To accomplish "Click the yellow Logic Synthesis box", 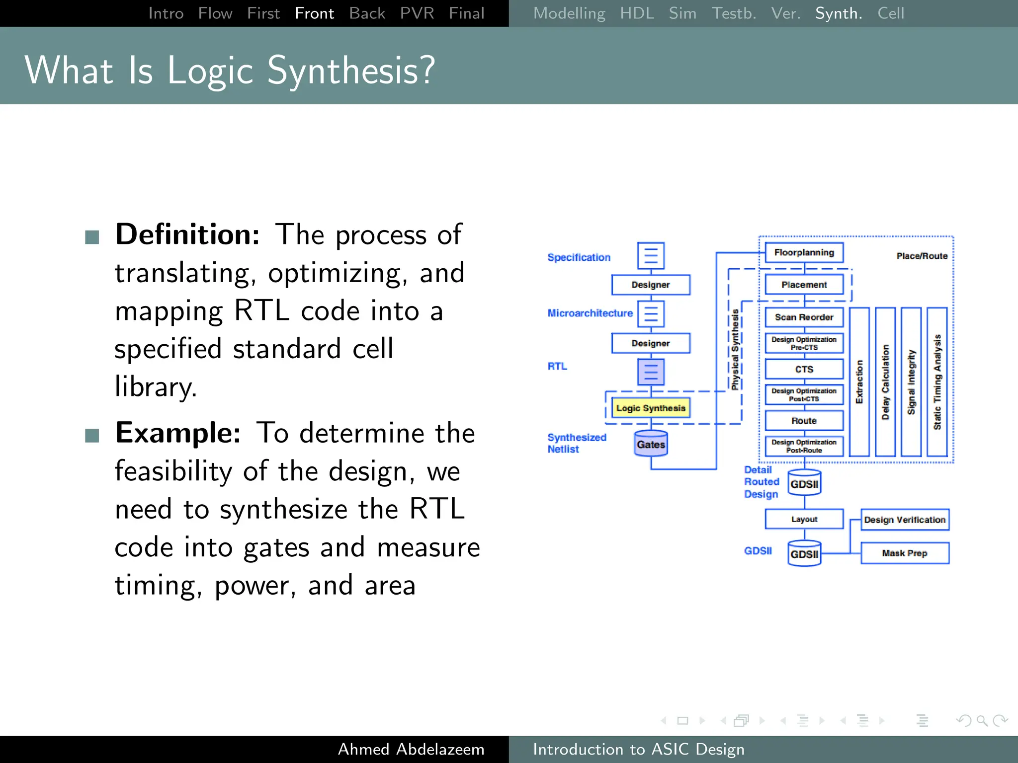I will click(x=650, y=408).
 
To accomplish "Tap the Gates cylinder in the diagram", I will click(x=651, y=444).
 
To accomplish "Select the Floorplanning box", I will click(x=804, y=252).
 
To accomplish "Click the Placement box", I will click(x=804, y=285).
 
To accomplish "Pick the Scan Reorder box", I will click(x=804, y=317).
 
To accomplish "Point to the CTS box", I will click(x=804, y=369).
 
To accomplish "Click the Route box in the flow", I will click(x=804, y=421).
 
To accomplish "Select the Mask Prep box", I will click(x=904, y=553).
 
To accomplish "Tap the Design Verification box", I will click(x=904, y=520).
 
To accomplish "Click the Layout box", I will click(x=804, y=519).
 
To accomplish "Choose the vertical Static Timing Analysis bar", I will click(x=937, y=381).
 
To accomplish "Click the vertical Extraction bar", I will click(x=859, y=381).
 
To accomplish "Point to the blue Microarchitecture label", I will click(x=590, y=313).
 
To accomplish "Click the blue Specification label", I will click(x=579, y=257).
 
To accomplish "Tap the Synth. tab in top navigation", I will click(x=839, y=13).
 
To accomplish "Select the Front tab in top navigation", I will click(x=314, y=13).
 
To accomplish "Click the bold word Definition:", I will click(x=187, y=234).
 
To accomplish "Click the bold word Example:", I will click(x=178, y=433).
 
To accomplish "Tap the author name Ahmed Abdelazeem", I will click(x=411, y=749).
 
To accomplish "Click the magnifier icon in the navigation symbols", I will click(x=982, y=720).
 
